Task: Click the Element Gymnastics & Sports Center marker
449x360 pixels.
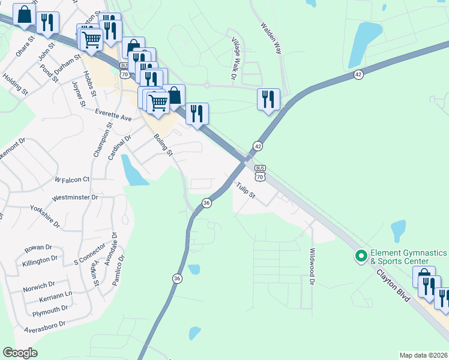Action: [x=361, y=256]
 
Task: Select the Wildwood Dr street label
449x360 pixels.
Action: [x=312, y=266]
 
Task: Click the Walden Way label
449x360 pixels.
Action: [x=271, y=39]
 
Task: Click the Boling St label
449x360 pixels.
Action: [x=163, y=145]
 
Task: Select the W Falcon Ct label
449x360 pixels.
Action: [x=72, y=179]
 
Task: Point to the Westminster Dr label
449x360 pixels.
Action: [x=75, y=197]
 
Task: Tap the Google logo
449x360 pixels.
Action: [x=20, y=352]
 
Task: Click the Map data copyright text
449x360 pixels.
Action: [x=423, y=355]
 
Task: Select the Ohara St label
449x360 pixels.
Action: [x=27, y=49]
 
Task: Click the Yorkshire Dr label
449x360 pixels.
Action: [x=44, y=218]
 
